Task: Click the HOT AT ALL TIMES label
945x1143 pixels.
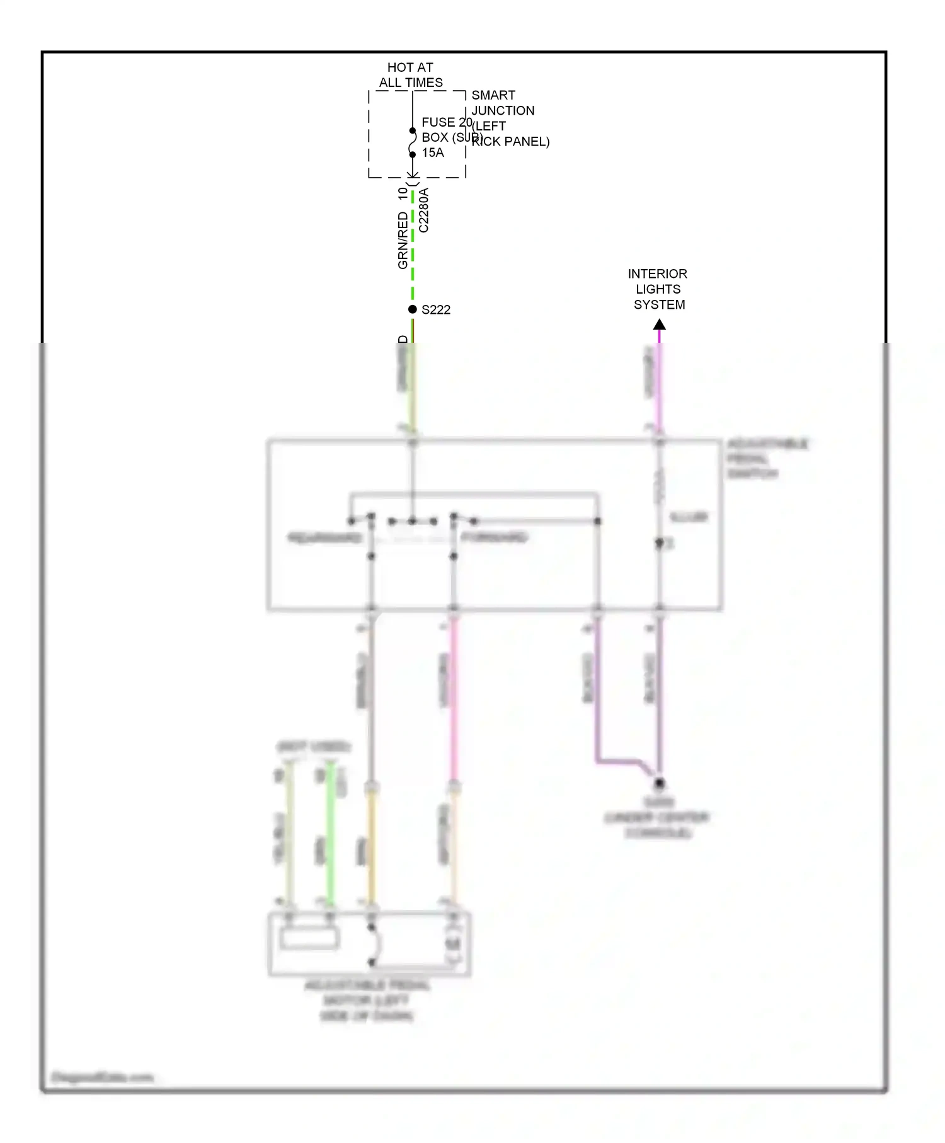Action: click(410, 75)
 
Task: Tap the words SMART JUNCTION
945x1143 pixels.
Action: click(503, 103)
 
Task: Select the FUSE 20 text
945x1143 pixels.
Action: click(447, 122)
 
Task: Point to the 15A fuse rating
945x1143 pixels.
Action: click(433, 152)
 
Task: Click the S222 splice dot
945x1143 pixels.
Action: click(413, 309)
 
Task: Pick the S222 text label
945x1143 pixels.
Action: click(436, 310)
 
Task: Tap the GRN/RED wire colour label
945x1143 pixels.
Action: click(403, 241)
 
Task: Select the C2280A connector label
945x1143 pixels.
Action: click(424, 210)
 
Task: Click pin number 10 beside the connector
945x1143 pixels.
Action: click(403, 194)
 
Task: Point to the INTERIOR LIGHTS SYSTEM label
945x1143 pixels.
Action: click(658, 289)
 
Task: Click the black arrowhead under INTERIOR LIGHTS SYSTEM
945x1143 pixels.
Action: click(659, 325)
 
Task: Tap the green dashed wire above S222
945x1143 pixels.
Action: click(413, 252)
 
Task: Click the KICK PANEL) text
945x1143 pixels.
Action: click(511, 142)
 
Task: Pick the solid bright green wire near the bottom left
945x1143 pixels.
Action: click(330, 838)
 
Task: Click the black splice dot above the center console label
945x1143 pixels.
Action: click(659, 783)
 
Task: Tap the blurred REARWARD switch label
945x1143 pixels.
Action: click(324, 538)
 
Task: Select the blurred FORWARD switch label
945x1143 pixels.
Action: click(495, 537)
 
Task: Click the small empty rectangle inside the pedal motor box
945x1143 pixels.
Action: click(309, 939)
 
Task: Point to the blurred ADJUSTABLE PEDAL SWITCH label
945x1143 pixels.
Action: click(767, 459)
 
